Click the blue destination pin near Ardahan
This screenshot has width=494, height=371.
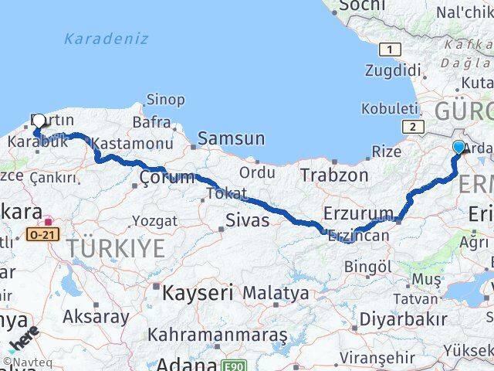[459, 147]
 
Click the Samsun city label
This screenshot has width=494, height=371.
[231, 139]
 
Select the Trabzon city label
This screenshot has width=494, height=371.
[334, 175]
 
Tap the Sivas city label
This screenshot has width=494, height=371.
[247, 220]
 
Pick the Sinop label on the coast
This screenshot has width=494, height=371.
[165, 99]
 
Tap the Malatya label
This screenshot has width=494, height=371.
[276, 293]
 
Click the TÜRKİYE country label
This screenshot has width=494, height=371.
[116, 248]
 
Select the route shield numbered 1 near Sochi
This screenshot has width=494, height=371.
[392, 49]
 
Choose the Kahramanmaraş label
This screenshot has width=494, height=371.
[217, 335]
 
